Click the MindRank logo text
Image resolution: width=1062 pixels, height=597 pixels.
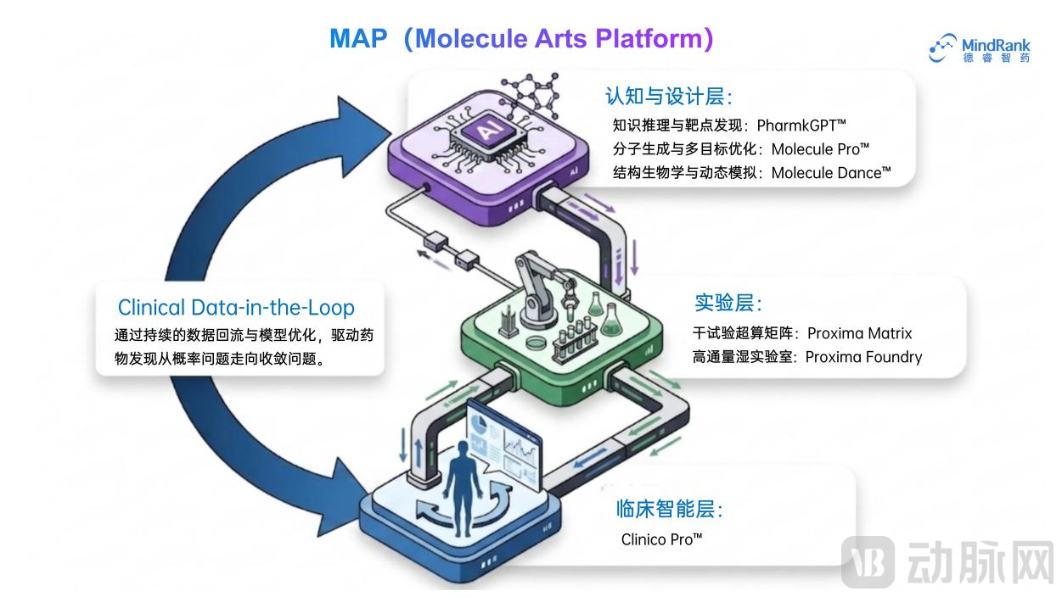(996, 46)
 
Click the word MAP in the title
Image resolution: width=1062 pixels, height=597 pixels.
(358, 38)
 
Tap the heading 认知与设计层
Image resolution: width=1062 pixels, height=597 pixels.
(668, 96)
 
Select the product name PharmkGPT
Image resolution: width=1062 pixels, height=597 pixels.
(801, 126)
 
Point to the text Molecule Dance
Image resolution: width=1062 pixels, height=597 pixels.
(831, 173)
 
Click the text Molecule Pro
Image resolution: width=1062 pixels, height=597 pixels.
(820, 149)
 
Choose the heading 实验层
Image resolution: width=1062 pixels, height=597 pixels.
(728, 303)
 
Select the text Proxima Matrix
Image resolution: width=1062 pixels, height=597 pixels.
(860, 333)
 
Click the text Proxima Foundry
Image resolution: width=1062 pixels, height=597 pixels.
(864, 357)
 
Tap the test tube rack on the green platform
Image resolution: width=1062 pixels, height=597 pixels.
(575, 341)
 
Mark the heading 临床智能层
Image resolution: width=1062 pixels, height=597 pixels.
(669, 510)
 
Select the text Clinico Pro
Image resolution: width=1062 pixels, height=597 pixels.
(661, 539)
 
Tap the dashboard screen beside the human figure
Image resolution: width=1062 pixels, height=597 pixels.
(504, 445)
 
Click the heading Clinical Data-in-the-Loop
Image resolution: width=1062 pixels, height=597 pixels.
(236, 308)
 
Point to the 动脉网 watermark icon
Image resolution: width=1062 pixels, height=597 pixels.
(868, 562)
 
